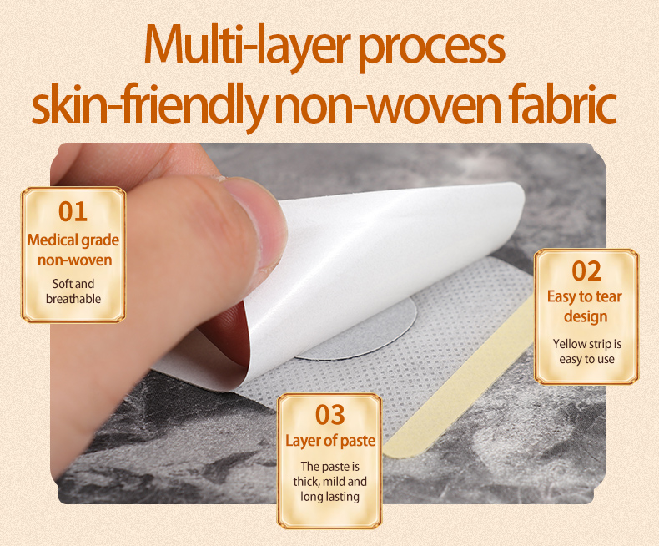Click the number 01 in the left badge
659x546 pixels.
pyautogui.click(x=73, y=211)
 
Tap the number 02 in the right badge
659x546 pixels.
pyautogui.click(x=586, y=271)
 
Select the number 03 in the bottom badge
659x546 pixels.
pyautogui.click(x=330, y=415)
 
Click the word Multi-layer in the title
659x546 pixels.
pyautogui.click(x=247, y=45)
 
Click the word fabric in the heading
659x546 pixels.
pyautogui.click(x=562, y=103)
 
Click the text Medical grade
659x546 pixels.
pyautogui.click(x=73, y=240)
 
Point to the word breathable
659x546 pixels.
pyautogui.click(x=73, y=299)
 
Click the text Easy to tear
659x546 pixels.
pyautogui.click(x=584, y=296)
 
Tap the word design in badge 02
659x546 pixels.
pyautogui.click(x=586, y=316)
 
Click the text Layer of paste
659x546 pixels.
pyautogui.click(x=330, y=441)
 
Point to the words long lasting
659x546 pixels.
pyautogui.click(x=330, y=497)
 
